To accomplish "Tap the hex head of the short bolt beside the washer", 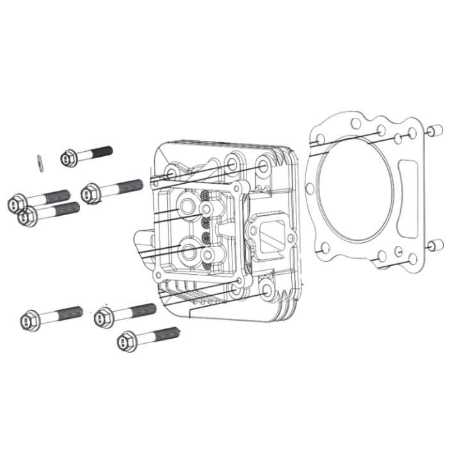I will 69,158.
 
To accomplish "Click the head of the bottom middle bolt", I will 104,318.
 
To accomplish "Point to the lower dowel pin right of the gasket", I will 434,245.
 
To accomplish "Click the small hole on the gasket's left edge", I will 311,188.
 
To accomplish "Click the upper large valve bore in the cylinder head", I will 188,206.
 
